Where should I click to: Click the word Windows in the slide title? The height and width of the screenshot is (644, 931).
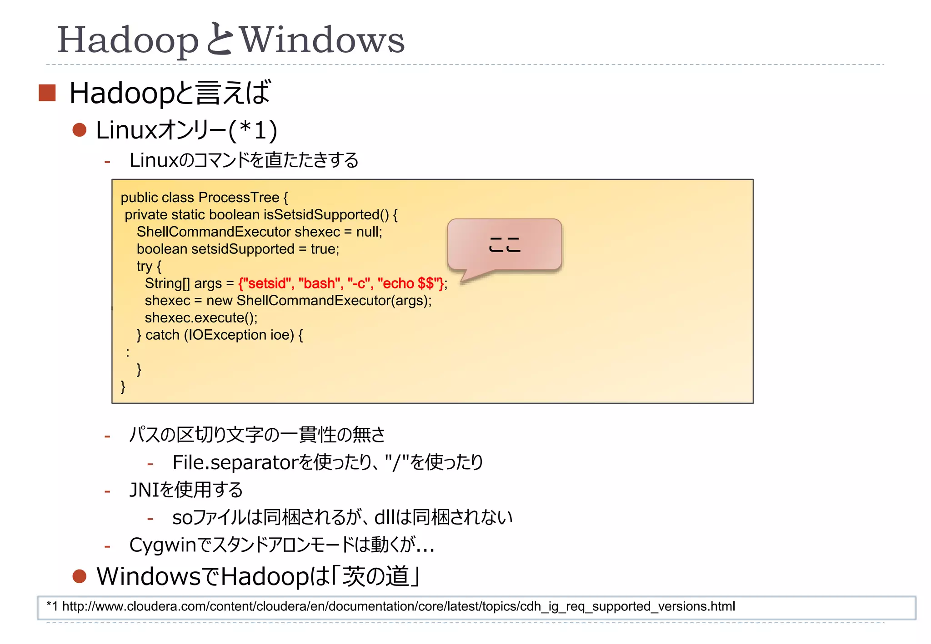322,40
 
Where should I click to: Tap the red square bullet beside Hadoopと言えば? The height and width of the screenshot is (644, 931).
47,93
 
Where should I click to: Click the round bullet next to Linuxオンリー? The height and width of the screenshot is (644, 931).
80,130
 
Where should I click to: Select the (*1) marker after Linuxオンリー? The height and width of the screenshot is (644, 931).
253,130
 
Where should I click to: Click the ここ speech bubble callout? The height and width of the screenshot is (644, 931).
505,245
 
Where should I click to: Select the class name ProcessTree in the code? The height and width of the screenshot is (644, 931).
239,198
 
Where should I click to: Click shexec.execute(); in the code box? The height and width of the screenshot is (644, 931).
201,318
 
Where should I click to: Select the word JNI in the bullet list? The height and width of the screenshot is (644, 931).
145,490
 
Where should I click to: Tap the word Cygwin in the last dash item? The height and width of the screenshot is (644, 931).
162,545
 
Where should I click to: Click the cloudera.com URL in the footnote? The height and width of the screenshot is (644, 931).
398,607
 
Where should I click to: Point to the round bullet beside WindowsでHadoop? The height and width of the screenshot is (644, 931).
80,576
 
